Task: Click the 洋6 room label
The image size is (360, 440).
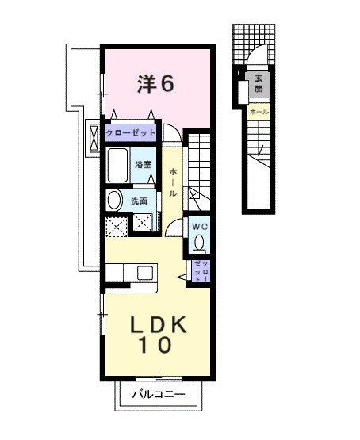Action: pyautogui.click(x=155, y=83)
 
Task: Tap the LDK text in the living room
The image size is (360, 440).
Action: pyautogui.click(x=157, y=325)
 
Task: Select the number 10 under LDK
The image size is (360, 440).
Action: pyautogui.click(x=157, y=346)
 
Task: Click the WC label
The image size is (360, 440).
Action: pyautogui.click(x=198, y=225)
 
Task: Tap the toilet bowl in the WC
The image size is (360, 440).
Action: pyautogui.click(x=199, y=242)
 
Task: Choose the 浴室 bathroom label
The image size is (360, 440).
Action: pyautogui.click(x=143, y=165)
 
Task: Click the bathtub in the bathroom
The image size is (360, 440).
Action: pyautogui.click(x=117, y=166)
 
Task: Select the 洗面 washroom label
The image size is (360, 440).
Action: pyautogui.click(x=140, y=201)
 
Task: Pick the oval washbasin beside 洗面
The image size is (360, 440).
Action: pyautogui.click(x=114, y=200)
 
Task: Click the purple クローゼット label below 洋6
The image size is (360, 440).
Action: pyautogui.click(x=130, y=132)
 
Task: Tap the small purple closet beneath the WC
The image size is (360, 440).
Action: pyautogui.click(x=200, y=271)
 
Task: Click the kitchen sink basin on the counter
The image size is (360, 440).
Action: pyautogui.click(x=144, y=273)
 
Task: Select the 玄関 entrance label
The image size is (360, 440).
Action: pyautogui.click(x=259, y=83)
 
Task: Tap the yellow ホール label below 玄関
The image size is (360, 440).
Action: pyautogui.click(x=259, y=112)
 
